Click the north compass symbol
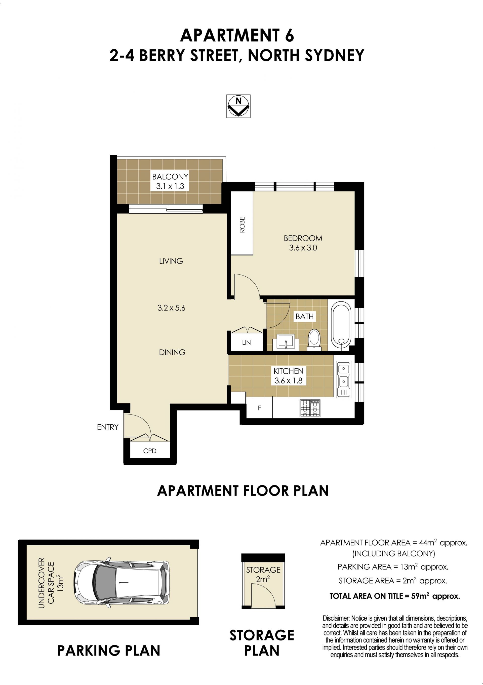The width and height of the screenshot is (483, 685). point(238,106)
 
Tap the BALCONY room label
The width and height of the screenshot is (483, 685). point(170,176)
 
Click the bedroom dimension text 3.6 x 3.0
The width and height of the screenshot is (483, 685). point(303,248)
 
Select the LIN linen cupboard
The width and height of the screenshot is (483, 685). point(246,342)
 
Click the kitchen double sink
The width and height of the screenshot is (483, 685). point(344,379)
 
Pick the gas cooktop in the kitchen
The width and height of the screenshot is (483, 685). point(310,408)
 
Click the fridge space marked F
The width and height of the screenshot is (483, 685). point(259,407)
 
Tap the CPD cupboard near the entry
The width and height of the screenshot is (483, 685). point(150,450)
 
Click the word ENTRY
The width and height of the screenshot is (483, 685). point(108,427)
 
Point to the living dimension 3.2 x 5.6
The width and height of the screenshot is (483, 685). point(171,308)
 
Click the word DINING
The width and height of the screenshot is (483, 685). point(172,352)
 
